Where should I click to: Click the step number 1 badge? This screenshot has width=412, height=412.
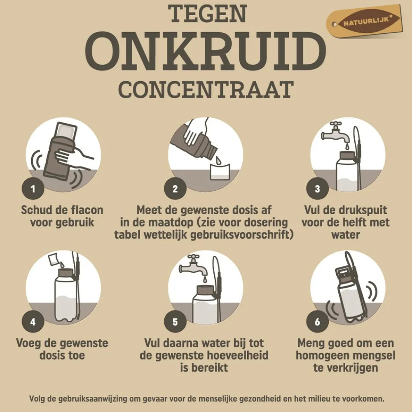click(33, 189)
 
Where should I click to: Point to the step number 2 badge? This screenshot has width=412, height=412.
click(175, 189)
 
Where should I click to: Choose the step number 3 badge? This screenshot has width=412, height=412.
click(317, 189)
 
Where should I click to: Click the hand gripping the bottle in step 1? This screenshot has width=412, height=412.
click(72, 157)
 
